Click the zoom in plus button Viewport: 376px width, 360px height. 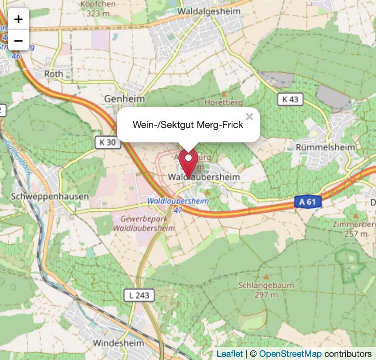(18, 19)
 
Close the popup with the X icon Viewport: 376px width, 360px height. (250, 117)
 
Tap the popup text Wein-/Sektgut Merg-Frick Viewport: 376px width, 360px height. (188, 125)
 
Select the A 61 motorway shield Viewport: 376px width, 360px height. (308, 202)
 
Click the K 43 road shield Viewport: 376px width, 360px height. (290, 99)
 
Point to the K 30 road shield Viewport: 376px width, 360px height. (108, 142)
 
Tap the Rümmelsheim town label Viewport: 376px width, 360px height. (325, 147)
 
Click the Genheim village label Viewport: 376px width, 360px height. (124, 98)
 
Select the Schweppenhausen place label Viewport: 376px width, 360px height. (50, 196)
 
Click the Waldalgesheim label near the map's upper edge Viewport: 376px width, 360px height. (209, 11)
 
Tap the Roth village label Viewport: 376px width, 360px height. (54, 74)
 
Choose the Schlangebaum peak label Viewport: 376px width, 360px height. (266, 286)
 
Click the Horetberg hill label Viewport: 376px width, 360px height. (224, 102)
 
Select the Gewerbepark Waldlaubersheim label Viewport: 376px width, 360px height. (144, 224)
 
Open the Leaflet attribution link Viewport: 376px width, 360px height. (230, 354)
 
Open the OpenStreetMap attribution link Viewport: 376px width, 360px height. (290, 354)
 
